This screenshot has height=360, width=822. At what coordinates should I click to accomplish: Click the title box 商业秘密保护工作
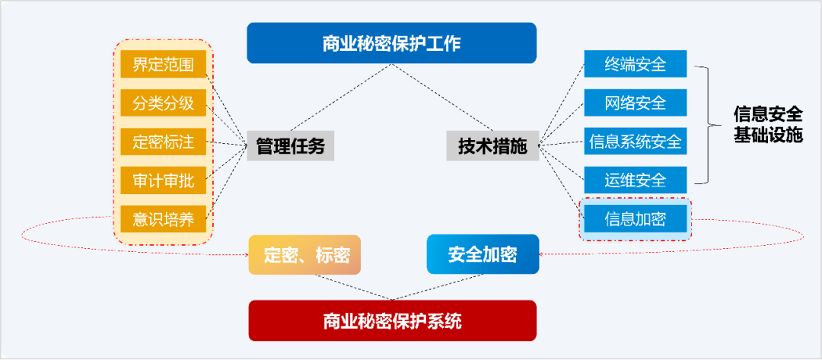click(x=391, y=43)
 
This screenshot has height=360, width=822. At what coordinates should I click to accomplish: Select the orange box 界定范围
click(x=164, y=65)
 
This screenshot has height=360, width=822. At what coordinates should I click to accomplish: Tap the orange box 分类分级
click(x=164, y=104)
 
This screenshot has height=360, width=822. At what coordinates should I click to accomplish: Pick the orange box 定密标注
click(x=164, y=142)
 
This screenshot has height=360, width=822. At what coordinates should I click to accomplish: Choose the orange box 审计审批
click(x=164, y=181)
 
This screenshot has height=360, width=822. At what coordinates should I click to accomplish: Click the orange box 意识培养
click(x=164, y=219)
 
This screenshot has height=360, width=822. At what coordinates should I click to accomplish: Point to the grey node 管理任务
click(x=290, y=145)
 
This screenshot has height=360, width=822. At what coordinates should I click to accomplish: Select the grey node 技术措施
click(x=492, y=145)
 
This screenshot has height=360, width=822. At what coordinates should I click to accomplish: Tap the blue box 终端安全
click(x=636, y=65)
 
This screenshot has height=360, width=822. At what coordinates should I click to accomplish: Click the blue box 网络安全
click(x=636, y=103)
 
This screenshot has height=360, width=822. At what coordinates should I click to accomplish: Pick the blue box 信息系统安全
click(x=636, y=141)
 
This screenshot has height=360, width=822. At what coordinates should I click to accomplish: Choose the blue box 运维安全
click(x=636, y=180)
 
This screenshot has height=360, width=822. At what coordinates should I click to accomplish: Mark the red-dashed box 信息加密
click(x=636, y=219)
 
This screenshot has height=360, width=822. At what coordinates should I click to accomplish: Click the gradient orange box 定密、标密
click(x=304, y=255)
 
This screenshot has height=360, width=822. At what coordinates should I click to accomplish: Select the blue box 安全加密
click(x=483, y=254)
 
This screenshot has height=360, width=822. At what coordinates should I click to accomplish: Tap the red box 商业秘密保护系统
click(x=392, y=320)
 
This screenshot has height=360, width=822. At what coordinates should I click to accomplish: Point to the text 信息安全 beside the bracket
click(x=768, y=115)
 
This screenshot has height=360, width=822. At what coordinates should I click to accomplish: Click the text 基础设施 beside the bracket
click(x=768, y=135)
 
